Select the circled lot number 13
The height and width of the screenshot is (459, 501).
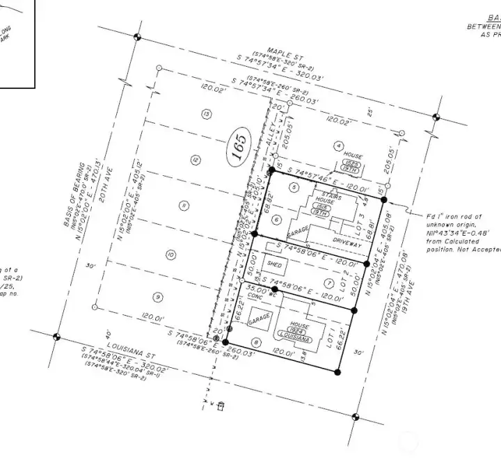[206, 114]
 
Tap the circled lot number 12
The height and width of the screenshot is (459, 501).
[196, 161]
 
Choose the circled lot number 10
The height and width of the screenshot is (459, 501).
[170, 255]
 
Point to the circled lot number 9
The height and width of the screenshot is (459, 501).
[159, 298]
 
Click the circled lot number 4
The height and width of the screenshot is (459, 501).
[339, 146]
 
